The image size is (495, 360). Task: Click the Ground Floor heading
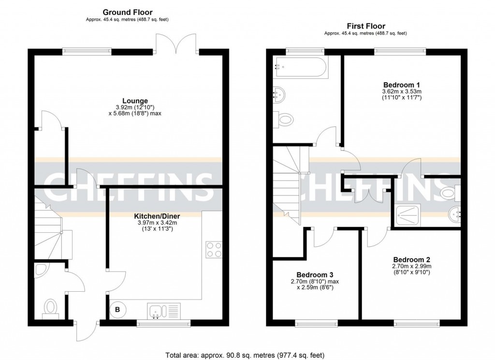127,12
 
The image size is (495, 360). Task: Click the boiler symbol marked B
117,309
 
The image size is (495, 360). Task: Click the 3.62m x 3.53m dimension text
402,91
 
